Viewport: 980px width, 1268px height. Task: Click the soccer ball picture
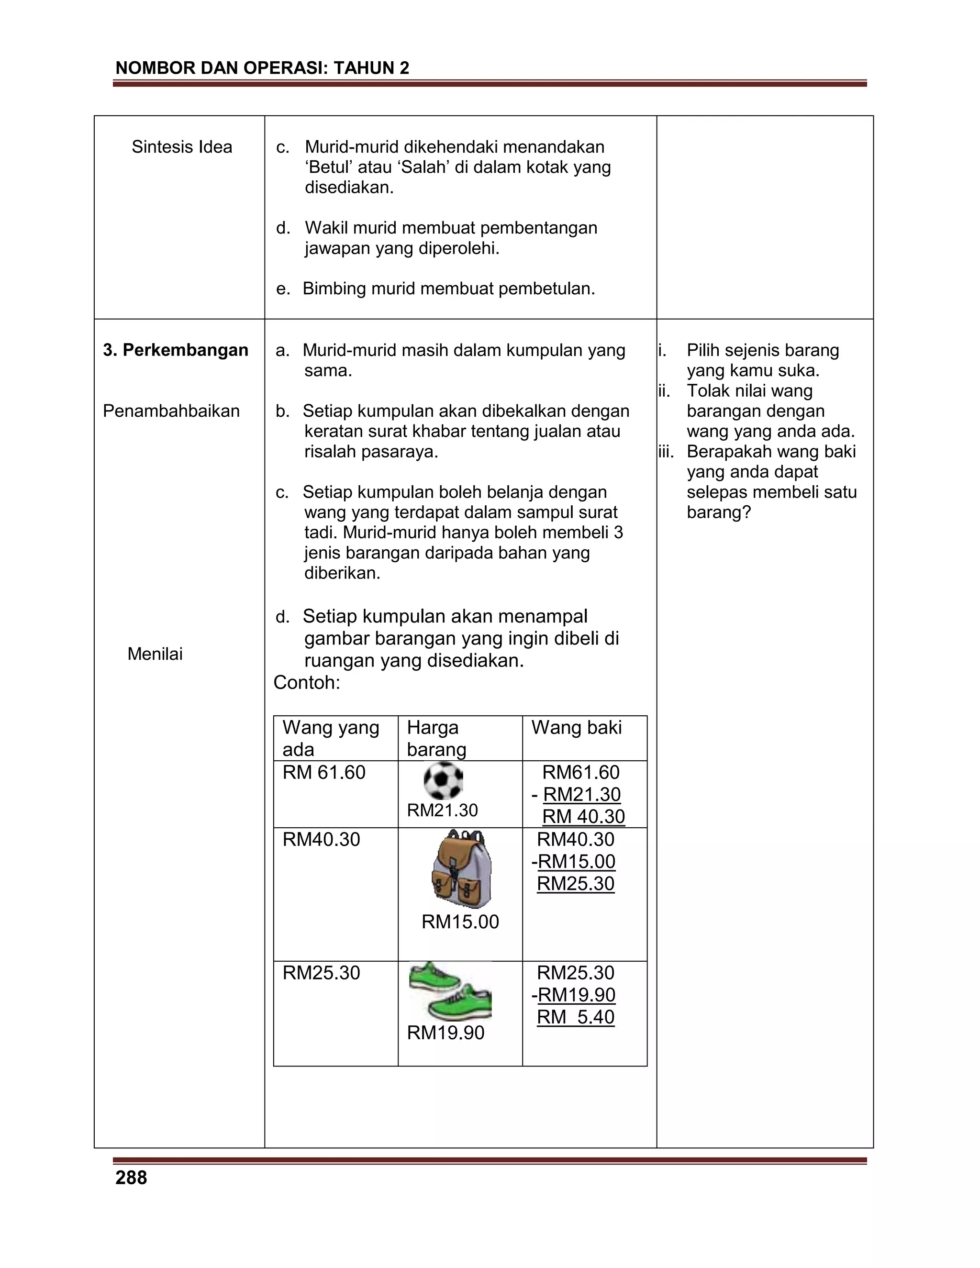coord(443,781)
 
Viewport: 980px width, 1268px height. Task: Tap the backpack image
coord(462,868)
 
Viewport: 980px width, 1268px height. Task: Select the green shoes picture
coord(450,991)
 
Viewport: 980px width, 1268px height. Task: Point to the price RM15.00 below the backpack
coord(460,922)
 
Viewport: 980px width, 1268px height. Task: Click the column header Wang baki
coord(576,727)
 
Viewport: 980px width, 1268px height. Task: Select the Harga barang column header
coord(436,738)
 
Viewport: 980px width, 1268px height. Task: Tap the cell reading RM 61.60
coord(324,773)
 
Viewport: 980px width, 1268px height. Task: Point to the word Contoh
coord(307,683)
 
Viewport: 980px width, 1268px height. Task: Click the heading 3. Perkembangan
coord(175,350)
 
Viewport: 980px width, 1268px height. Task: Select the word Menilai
coord(155,654)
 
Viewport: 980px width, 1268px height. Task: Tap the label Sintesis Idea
coord(182,147)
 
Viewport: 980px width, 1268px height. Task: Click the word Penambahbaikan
coord(171,411)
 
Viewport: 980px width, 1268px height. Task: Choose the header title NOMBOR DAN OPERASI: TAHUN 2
coord(262,68)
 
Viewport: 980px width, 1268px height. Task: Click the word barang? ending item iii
coord(719,512)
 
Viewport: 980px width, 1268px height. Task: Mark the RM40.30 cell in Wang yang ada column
coord(321,840)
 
